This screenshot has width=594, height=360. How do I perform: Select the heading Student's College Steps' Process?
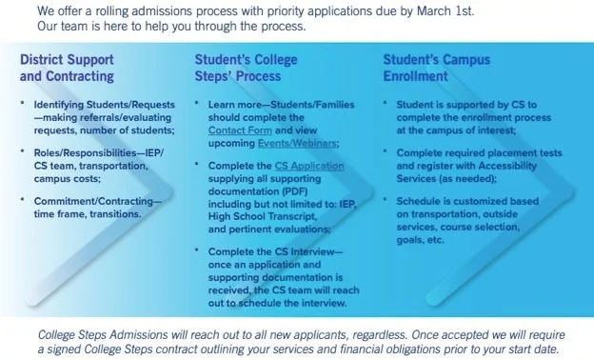(246, 67)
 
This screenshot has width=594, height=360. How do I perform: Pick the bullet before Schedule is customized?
(386, 201)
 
